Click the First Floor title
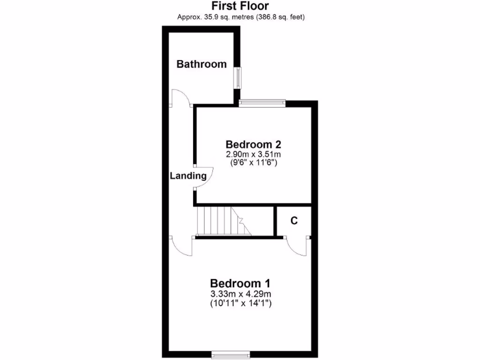240,6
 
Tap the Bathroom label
201,64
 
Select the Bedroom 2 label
253,144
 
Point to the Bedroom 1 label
240,283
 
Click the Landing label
188,176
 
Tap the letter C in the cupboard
294,221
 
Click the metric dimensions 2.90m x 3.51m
253,154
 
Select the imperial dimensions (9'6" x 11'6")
253,163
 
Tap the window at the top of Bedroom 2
262,102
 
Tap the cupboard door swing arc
296,247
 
